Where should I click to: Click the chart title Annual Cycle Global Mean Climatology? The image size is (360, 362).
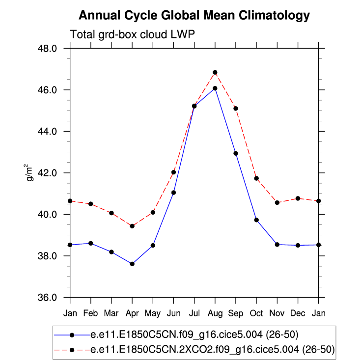(x=194, y=16)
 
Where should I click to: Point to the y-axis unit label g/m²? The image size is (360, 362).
(x=30, y=173)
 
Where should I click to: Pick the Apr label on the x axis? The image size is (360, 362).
(x=132, y=312)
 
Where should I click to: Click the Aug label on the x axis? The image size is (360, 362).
(x=215, y=312)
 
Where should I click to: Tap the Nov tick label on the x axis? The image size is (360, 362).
(x=277, y=312)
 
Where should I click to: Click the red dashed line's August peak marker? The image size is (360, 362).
(x=215, y=72)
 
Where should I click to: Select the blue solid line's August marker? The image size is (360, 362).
(x=215, y=88)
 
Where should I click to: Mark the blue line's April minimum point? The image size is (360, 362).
(x=132, y=264)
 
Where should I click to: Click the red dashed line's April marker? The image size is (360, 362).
(x=132, y=226)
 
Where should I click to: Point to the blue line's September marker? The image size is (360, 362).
(x=236, y=153)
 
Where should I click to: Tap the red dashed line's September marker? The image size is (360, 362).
(x=236, y=108)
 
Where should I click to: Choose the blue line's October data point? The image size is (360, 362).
(x=256, y=220)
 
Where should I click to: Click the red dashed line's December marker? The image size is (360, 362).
(x=298, y=198)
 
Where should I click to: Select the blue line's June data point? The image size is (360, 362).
(x=173, y=193)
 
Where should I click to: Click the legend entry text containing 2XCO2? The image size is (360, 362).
(x=213, y=350)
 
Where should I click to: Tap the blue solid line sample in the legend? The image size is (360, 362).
(x=72, y=335)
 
